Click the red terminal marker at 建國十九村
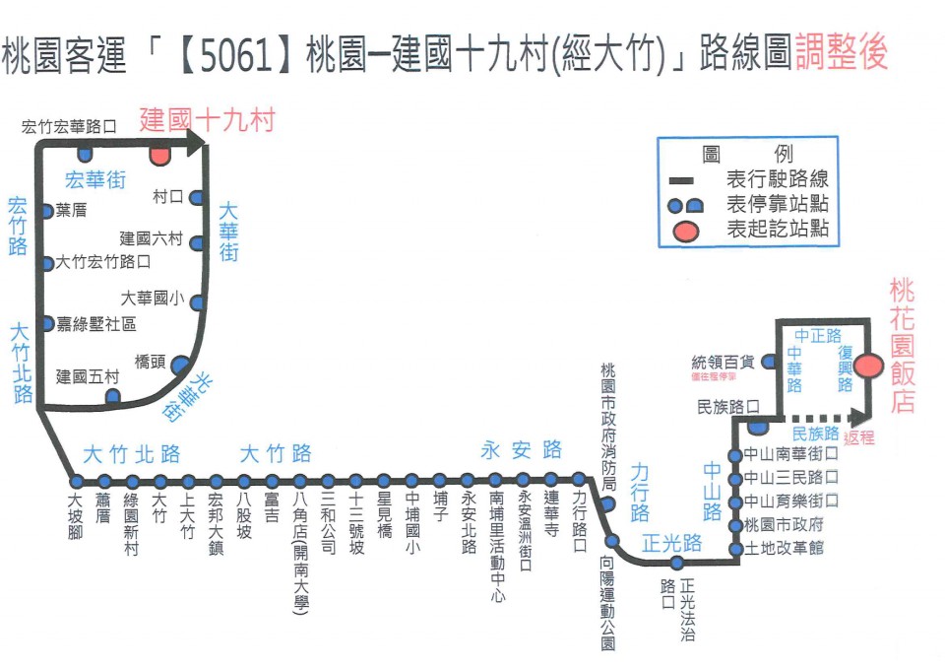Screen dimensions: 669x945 159,155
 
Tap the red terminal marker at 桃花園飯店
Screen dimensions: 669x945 867,366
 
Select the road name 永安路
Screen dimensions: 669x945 522,450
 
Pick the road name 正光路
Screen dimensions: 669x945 671,543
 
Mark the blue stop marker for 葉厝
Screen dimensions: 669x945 46,211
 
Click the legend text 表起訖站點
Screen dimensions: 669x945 777,230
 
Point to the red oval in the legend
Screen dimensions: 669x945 686,231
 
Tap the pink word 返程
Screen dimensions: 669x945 858,437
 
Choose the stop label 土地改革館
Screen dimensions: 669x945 786,547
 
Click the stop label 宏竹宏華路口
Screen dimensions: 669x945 69,126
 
